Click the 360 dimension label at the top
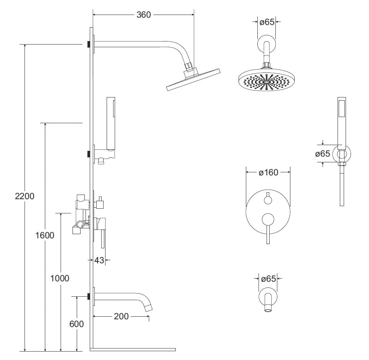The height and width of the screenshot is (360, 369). pos(143,15)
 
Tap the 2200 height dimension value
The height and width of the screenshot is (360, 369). pos(25,196)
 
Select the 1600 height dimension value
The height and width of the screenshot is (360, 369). pos(45,235)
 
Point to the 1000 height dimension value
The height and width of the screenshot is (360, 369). pos(60,278)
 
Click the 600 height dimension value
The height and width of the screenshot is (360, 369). pos(76,324)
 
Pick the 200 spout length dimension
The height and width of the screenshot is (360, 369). pos(121,317)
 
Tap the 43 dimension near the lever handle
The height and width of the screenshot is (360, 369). pos(99,260)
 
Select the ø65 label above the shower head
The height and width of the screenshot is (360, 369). pos(267,22)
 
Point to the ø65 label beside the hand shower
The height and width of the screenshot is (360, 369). pos(323,154)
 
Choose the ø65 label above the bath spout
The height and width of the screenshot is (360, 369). pos(269,279)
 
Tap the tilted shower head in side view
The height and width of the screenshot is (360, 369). pos(194,79)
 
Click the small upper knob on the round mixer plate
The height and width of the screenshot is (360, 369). pos(268,200)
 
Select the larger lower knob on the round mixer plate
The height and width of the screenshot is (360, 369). pos(268,219)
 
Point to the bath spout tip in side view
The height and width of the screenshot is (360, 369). pos(150,306)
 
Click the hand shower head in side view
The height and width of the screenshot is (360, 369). pos(111,123)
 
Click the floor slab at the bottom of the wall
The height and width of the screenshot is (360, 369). pos(133,350)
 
